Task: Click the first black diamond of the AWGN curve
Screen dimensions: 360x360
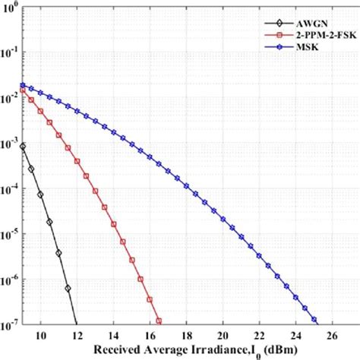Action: (x=23, y=146)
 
